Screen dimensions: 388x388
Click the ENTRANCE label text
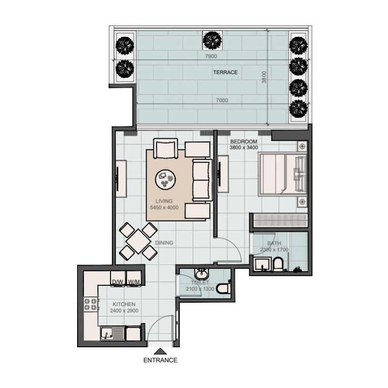160,360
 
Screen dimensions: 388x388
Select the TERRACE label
226,72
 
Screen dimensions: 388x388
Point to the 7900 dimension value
211,56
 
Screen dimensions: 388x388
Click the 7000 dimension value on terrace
222,100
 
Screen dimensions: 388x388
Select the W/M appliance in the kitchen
133,281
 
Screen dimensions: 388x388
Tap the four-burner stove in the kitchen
90,305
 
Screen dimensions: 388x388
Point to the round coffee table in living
165,180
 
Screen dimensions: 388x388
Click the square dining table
138,241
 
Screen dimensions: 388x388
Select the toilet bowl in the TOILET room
223,288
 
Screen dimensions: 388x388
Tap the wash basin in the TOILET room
199,274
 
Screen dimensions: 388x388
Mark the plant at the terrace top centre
211,40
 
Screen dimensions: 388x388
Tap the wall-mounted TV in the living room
118,179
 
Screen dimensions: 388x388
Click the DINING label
164,243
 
